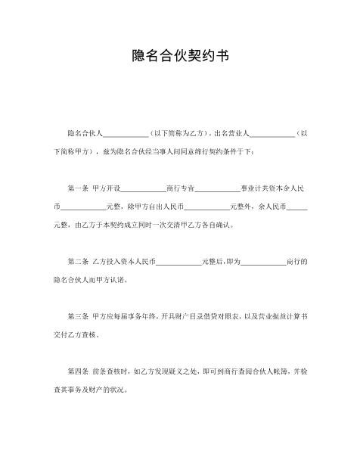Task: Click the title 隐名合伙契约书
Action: coord(180,56)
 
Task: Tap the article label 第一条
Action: coord(79,187)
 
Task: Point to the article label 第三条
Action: coord(79,315)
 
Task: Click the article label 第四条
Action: coord(79,372)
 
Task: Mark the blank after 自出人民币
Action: coord(206,206)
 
